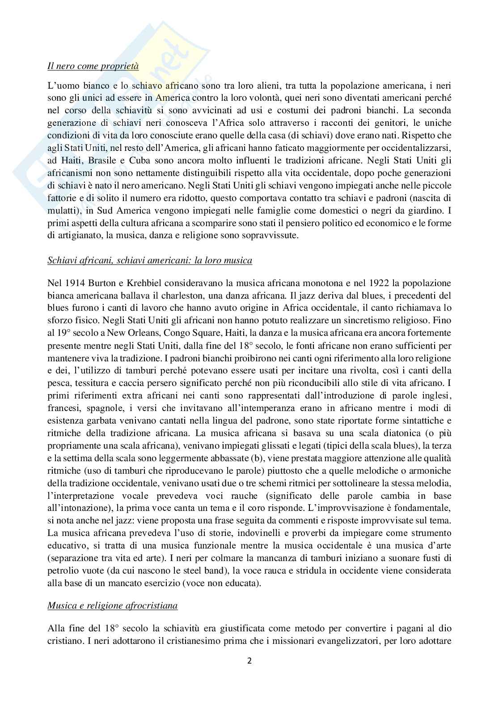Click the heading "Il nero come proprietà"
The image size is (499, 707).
coord(93,67)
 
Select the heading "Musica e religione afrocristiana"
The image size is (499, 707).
coord(112,605)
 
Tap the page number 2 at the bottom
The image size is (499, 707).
coord(249,660)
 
